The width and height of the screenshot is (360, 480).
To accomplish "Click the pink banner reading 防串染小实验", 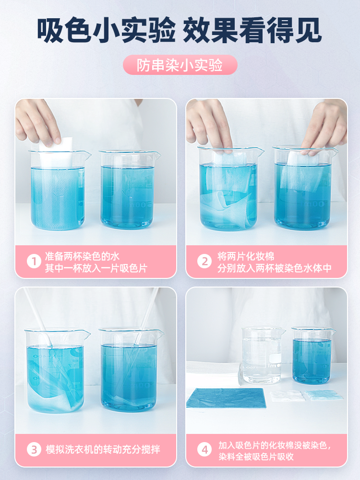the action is point(180,65).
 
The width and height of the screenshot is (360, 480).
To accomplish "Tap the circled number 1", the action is point(34,262).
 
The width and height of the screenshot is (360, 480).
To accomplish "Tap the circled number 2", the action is point(204,262).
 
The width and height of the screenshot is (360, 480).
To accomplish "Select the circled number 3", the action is point(34,449).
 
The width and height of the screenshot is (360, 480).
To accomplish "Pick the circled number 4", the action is point(204,449).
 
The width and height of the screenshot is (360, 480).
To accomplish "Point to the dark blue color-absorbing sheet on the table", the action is point(226,398).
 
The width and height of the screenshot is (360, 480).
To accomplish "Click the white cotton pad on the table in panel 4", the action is point(287,396).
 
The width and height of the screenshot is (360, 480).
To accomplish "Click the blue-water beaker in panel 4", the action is point(312,356).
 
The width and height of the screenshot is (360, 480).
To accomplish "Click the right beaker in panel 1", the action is point(129,190).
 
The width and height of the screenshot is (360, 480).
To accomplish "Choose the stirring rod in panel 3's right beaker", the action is point(147,318).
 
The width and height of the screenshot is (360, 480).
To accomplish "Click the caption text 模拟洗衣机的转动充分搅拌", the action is point(103,449).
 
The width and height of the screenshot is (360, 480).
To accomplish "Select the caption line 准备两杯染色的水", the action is point(82,256).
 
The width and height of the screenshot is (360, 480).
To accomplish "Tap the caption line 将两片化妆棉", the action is point(246,256).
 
